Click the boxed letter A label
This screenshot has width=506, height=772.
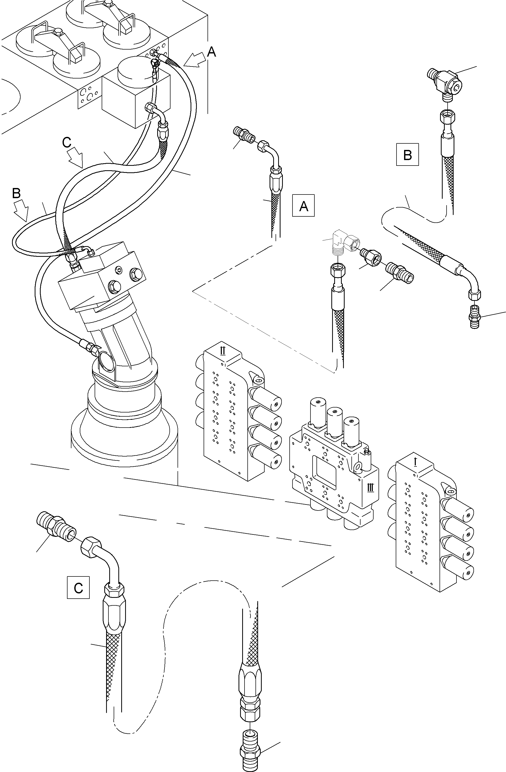303,205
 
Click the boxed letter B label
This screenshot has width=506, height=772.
407,154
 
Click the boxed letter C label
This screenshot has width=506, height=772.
78,587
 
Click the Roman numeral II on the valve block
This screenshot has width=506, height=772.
223,351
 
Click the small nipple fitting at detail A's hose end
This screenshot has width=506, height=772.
244,136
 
